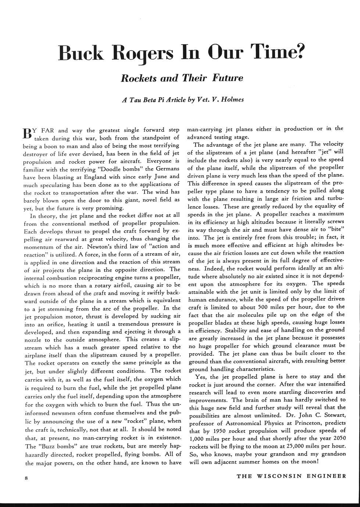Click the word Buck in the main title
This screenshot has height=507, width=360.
(x=80, y=54)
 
